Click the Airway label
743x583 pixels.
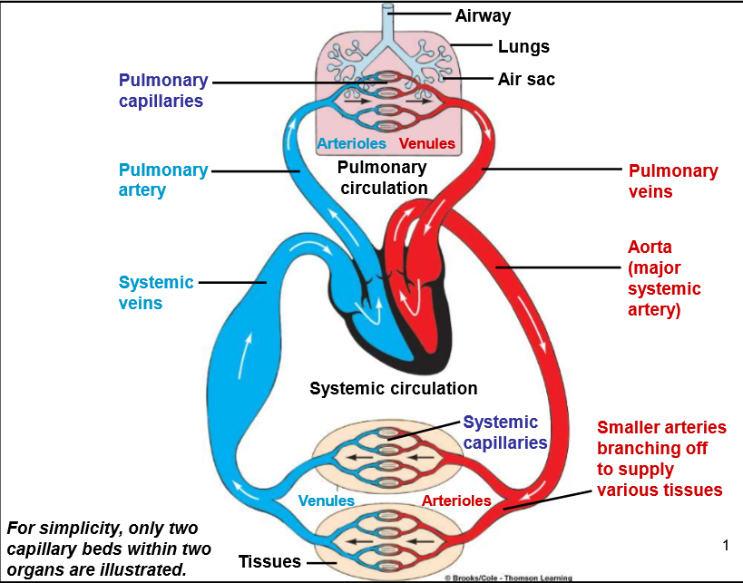point(483,16)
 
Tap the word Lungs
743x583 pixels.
point(523,47)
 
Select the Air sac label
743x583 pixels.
point(526,79)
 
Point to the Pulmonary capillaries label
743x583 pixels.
point(163,91)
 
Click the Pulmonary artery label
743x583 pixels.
point(163,180)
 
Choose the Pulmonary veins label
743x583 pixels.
point(673,181)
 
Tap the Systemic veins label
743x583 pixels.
point(156,292)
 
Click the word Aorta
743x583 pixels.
point(650,248)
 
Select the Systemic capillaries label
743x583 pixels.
point(505,432)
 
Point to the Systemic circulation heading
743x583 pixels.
point(394,388)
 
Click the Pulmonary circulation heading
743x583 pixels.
point(383,178)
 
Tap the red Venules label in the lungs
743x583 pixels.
point(427,143)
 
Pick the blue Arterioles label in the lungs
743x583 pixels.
point(352,143)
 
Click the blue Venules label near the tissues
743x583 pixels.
point(326,500)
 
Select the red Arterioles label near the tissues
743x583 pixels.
point(456,500)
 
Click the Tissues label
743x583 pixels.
point(269,561)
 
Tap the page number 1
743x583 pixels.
point(726,546)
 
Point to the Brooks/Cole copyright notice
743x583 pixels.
point(508,578)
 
